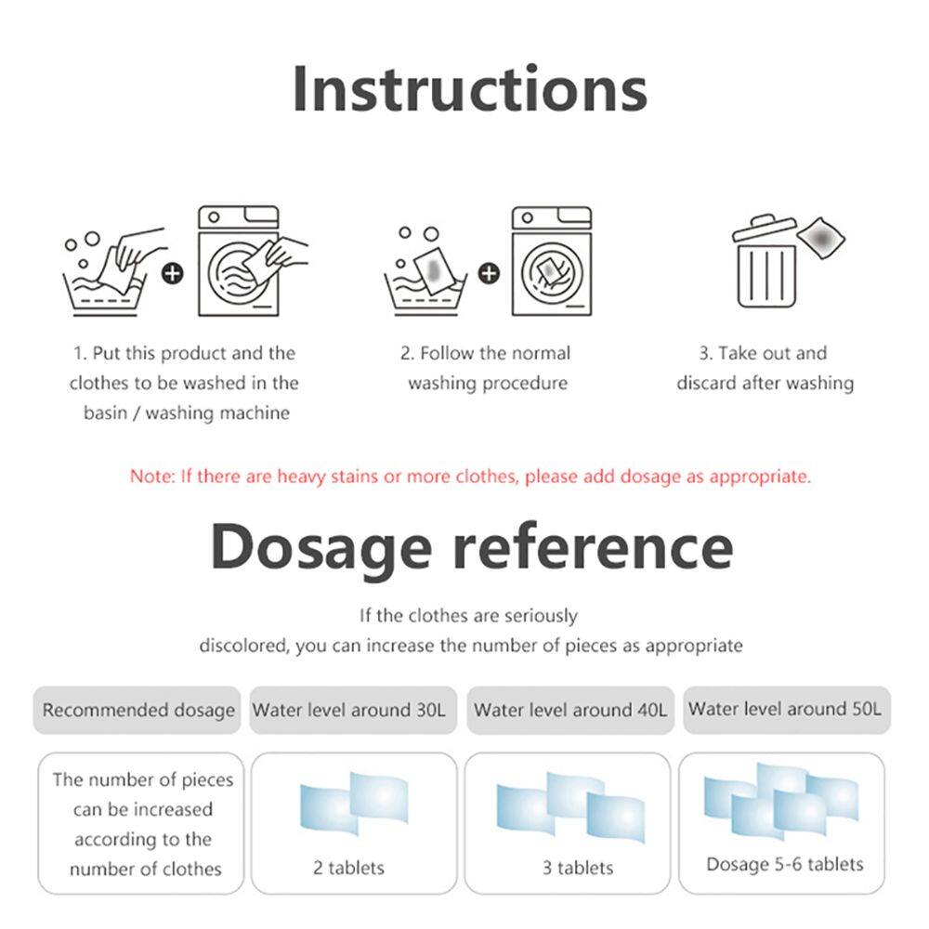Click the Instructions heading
click(470, 89)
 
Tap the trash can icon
click(765, 261)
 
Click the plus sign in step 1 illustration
click(173, 274)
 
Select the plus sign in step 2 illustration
click(489, 274)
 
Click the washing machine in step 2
click(552, 261)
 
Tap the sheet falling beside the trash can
click(821, 238)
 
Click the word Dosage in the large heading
click(321, 547)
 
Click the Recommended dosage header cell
click(137, 711)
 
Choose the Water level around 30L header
click(353, 711)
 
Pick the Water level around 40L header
click(570, 711)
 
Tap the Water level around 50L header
click(787, 710)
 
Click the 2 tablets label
click(348, 868)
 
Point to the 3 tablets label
click(578, 868)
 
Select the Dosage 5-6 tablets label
click(785, 864)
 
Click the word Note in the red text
click(152, 477)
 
